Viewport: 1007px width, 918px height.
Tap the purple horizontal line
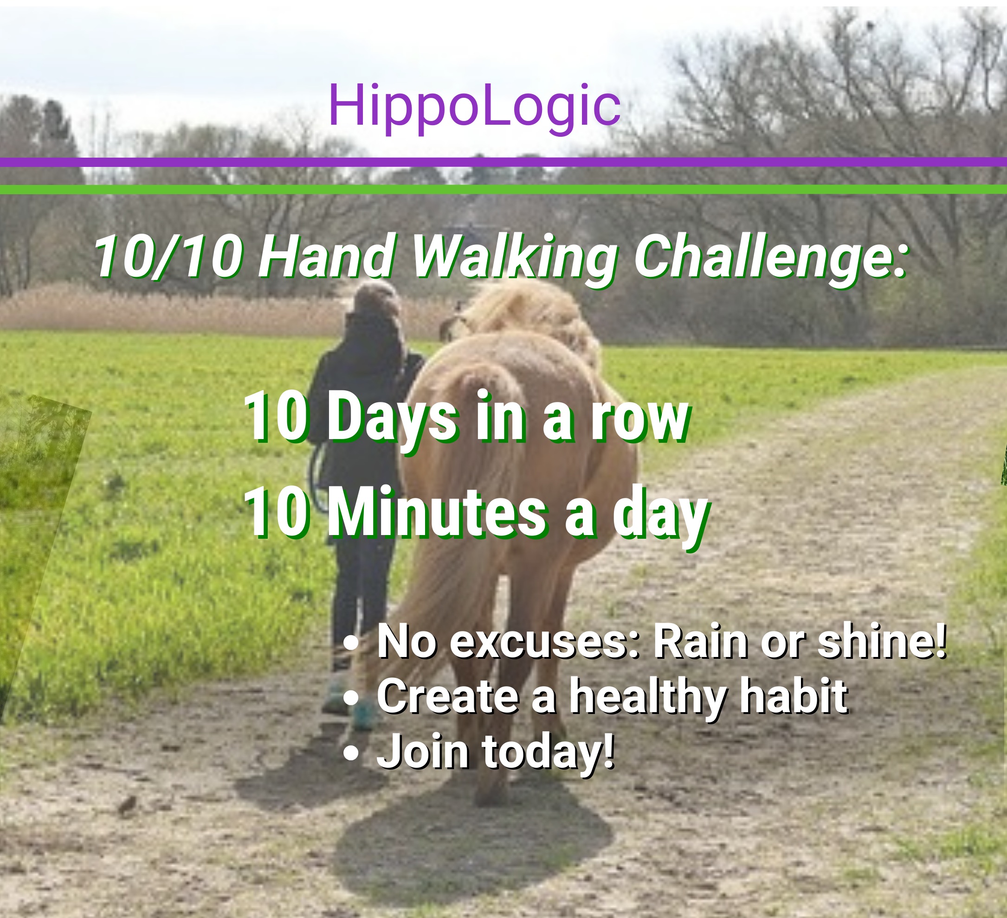[x=503, y=162]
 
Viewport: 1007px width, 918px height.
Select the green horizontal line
[x=503, y=190]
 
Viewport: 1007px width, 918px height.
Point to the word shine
[x=882, y=642]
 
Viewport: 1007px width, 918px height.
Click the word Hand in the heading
[x=327, y=256]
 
